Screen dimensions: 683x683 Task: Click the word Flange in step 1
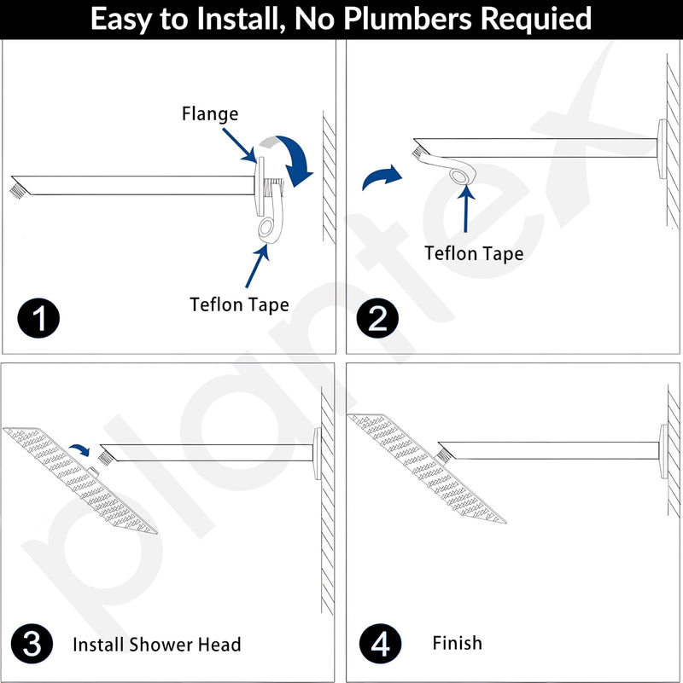pyautogui.click(x=210, y=114)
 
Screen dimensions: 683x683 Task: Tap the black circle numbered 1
pyautogui.click(x=38, y=318)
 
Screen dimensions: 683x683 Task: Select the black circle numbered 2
pyautogui.click(x=377, y=318)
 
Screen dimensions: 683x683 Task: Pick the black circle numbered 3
pyautogui.click(x=32, y=644)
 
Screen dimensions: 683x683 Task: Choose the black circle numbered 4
pyautogui.click(x=380, y=644)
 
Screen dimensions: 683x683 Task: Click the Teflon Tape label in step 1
pyautogui.click(x=239, y=304)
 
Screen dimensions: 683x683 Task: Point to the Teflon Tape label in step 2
pyautogui.click(x=474, y=253)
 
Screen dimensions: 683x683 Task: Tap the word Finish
pyautogui.click(x=457, y=643)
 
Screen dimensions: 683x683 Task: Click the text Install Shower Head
pyautogui.click(x=156, y=645)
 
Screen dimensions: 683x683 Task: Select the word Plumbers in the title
pyautogui.click(x=408, y=19)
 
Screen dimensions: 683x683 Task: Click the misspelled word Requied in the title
pyautogui.click(x=536, y=20)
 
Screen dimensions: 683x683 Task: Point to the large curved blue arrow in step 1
pyautogui.click(x=292, y=157)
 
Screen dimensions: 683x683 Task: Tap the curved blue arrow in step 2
pyautogui.click(x=381, y=176)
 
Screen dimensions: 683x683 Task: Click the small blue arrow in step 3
pyautogui.click(x=81, y=450)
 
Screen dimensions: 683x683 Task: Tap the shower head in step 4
pyautogui.click(x=427, y=468)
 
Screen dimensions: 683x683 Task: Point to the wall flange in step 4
pyautogui.click(x=663, y=452)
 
